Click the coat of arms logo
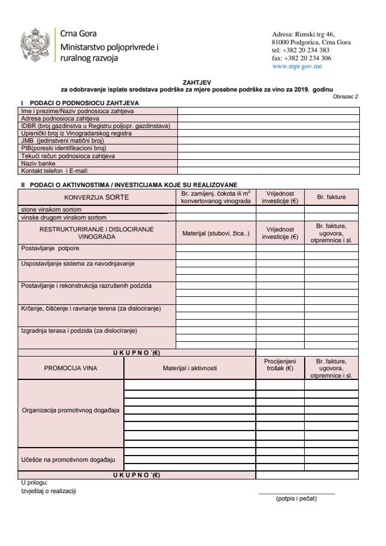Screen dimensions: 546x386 (35, 44)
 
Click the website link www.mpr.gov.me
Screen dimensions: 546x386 (297, 66)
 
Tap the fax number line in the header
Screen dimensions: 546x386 (301, 58)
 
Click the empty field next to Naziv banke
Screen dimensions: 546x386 (268, 163)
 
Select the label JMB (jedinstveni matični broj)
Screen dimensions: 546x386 (62, 140)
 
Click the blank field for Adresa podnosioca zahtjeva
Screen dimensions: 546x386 (268, 118)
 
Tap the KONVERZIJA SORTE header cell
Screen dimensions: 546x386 (97, 197)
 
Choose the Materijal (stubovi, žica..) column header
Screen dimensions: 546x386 (215, 233)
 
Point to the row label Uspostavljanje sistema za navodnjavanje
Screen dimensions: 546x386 (77, 263)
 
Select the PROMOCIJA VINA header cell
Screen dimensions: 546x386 (70, 368)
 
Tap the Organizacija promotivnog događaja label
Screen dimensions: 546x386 (70, 410)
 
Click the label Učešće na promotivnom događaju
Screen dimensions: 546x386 (68, 458)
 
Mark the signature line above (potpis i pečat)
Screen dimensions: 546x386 (296, 493)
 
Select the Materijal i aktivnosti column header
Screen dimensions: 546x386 (189, 368)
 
